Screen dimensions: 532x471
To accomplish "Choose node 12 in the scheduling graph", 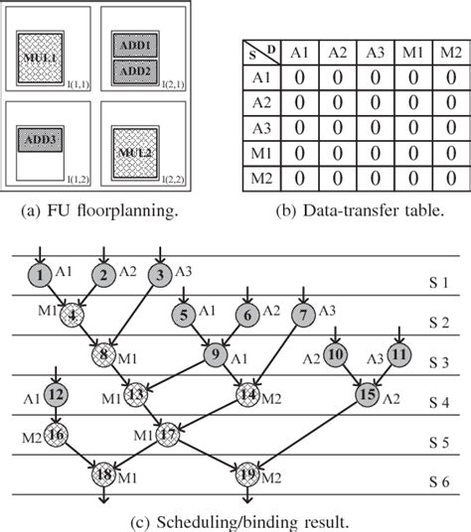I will point(55,396).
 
